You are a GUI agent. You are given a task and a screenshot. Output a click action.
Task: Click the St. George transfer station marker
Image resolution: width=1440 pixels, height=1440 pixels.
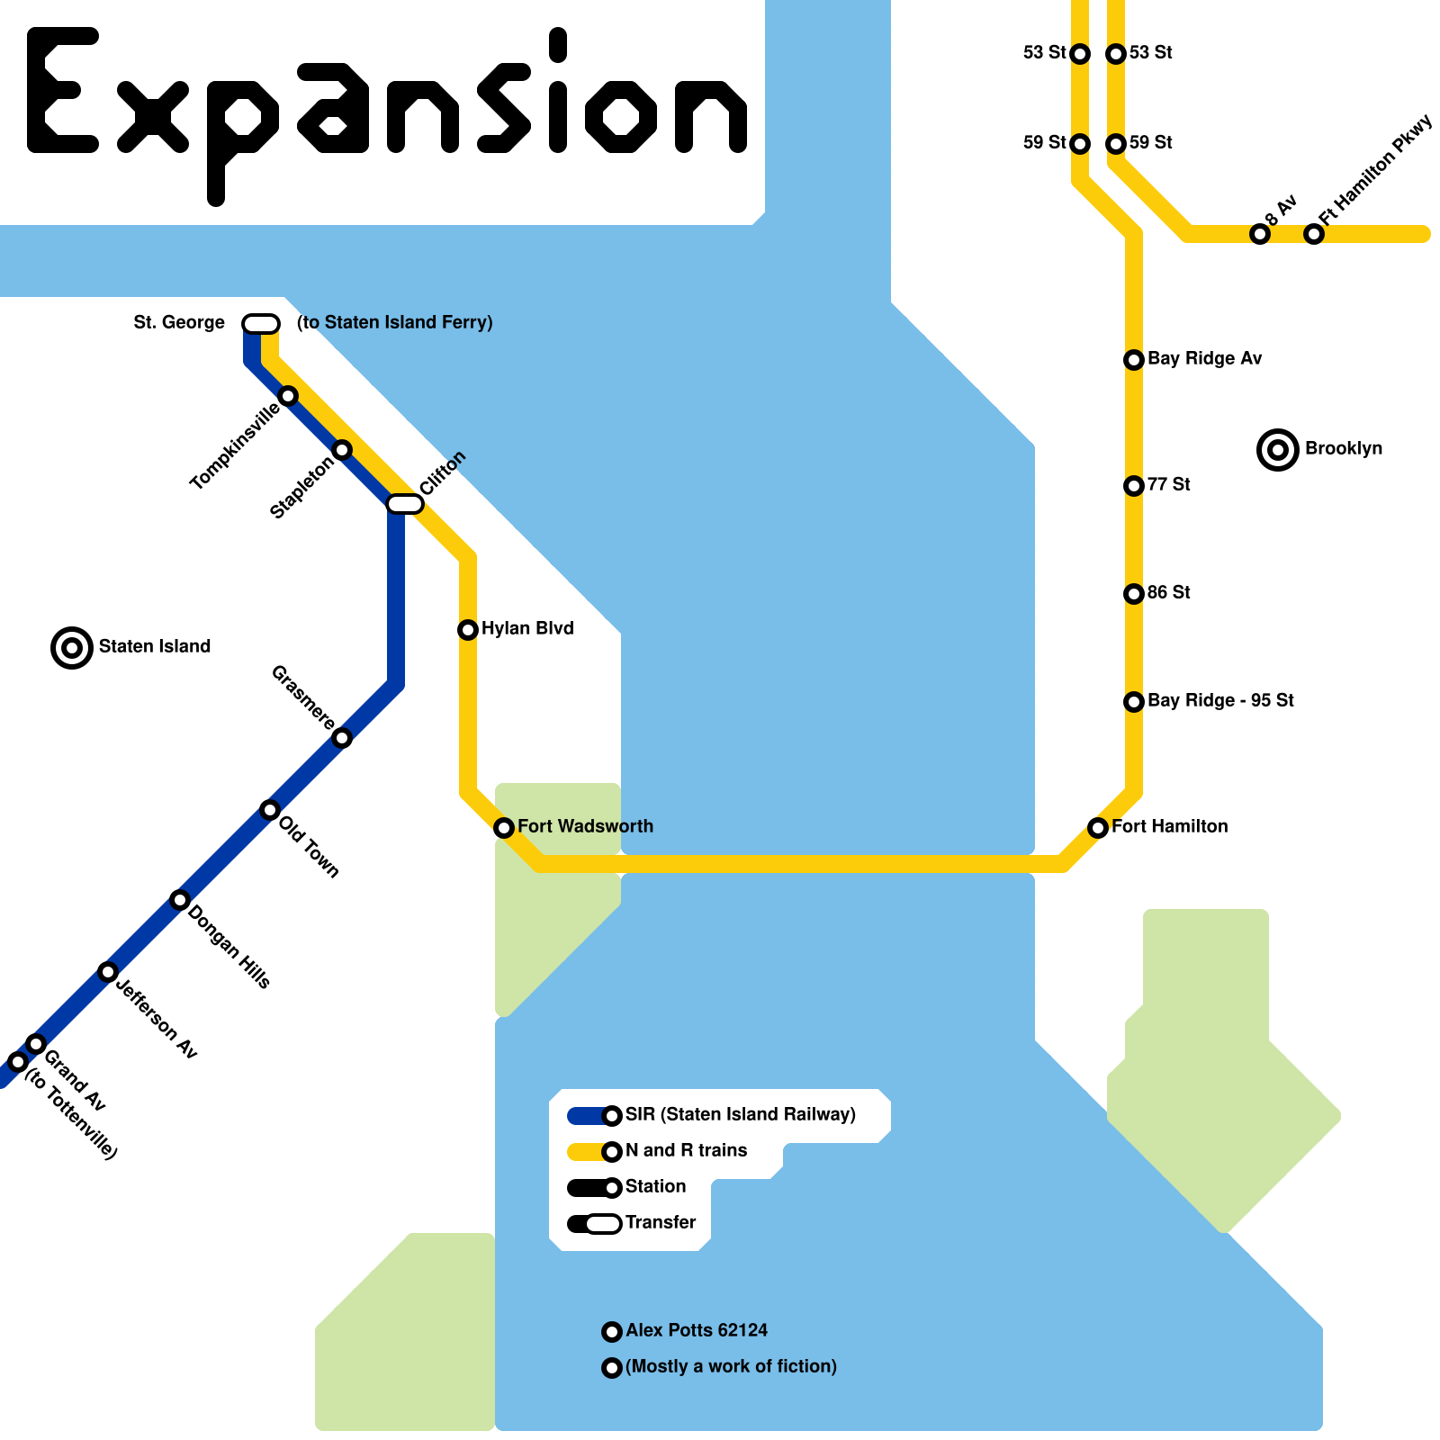coord(261,323)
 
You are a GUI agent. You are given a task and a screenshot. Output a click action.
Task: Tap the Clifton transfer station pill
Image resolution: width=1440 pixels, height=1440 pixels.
coord(405,503)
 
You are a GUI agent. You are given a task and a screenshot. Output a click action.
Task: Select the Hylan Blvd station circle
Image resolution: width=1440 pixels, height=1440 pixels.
coord(468,629)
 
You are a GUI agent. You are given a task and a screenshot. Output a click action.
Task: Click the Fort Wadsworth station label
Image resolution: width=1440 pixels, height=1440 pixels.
coord(585,826)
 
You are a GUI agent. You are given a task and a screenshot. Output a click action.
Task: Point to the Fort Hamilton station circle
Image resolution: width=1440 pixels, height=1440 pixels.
coord(1098,827)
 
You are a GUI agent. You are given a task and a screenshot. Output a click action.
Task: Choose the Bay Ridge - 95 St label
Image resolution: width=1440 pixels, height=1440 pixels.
coord(1220,700)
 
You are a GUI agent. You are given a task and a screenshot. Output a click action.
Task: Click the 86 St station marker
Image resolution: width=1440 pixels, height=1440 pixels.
coord(1134,593)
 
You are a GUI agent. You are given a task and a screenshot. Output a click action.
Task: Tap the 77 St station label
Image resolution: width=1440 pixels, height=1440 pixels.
coord(1168,484)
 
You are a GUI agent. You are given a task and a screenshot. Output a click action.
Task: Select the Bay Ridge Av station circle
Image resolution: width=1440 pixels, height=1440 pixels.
coord(1134,359)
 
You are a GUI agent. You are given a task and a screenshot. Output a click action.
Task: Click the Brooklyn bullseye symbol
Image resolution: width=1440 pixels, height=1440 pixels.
coord(1278,449)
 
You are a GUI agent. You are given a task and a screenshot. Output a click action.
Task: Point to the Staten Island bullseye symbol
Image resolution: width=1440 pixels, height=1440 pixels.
coord(72,647)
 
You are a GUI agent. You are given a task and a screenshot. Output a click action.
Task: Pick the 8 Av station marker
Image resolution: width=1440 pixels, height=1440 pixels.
coord(1260,234)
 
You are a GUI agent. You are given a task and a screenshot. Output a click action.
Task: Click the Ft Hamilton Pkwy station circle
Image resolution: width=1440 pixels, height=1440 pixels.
coord(1314,234)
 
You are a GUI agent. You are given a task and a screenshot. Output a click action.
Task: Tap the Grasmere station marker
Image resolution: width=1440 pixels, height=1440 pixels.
coord(342,738)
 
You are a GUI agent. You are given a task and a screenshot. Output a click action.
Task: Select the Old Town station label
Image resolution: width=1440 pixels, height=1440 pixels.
coord(309,846)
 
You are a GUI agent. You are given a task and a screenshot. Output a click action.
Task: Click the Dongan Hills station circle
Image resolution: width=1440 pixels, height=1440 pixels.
coord(180,899)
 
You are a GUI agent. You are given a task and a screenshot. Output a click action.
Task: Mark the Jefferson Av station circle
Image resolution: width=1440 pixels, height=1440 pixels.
coord(108,971)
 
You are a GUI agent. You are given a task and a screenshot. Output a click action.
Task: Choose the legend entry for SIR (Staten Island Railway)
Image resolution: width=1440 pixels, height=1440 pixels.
coord(740,1114)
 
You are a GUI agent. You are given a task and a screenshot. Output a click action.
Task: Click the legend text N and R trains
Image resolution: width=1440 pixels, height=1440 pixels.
coord(686,1150)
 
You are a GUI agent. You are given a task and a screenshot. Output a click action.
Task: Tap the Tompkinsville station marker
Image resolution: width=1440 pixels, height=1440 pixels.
coord(288,395)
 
